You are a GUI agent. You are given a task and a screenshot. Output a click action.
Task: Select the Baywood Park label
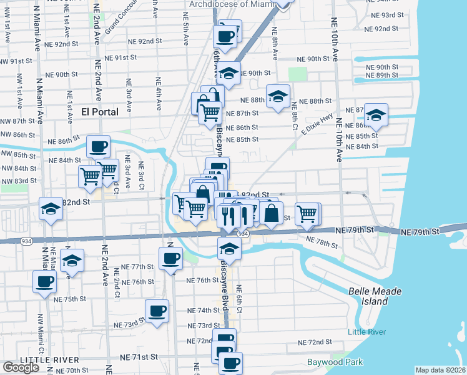point(335,362)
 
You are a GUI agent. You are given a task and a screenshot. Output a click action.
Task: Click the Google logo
point(21,367)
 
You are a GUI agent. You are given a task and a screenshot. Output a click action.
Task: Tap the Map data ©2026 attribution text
point(440,370)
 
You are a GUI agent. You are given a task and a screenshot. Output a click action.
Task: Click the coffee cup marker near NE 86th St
point(98,147)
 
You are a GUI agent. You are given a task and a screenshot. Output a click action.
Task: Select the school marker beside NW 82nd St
point(51,209)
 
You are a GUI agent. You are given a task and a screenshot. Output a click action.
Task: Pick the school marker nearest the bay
point(376,115)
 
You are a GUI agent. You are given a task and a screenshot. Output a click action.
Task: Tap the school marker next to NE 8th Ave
point(278,96)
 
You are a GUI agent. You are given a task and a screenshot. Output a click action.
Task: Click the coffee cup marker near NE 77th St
point(170,258)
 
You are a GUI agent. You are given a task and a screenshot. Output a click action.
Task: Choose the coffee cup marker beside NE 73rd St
point(157,310)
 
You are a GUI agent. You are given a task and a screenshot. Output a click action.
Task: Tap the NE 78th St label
point(318,241)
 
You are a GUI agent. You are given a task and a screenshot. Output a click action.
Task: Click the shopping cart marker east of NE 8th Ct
point(307,214)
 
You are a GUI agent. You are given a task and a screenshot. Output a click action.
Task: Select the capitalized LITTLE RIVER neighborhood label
point(49,360)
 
